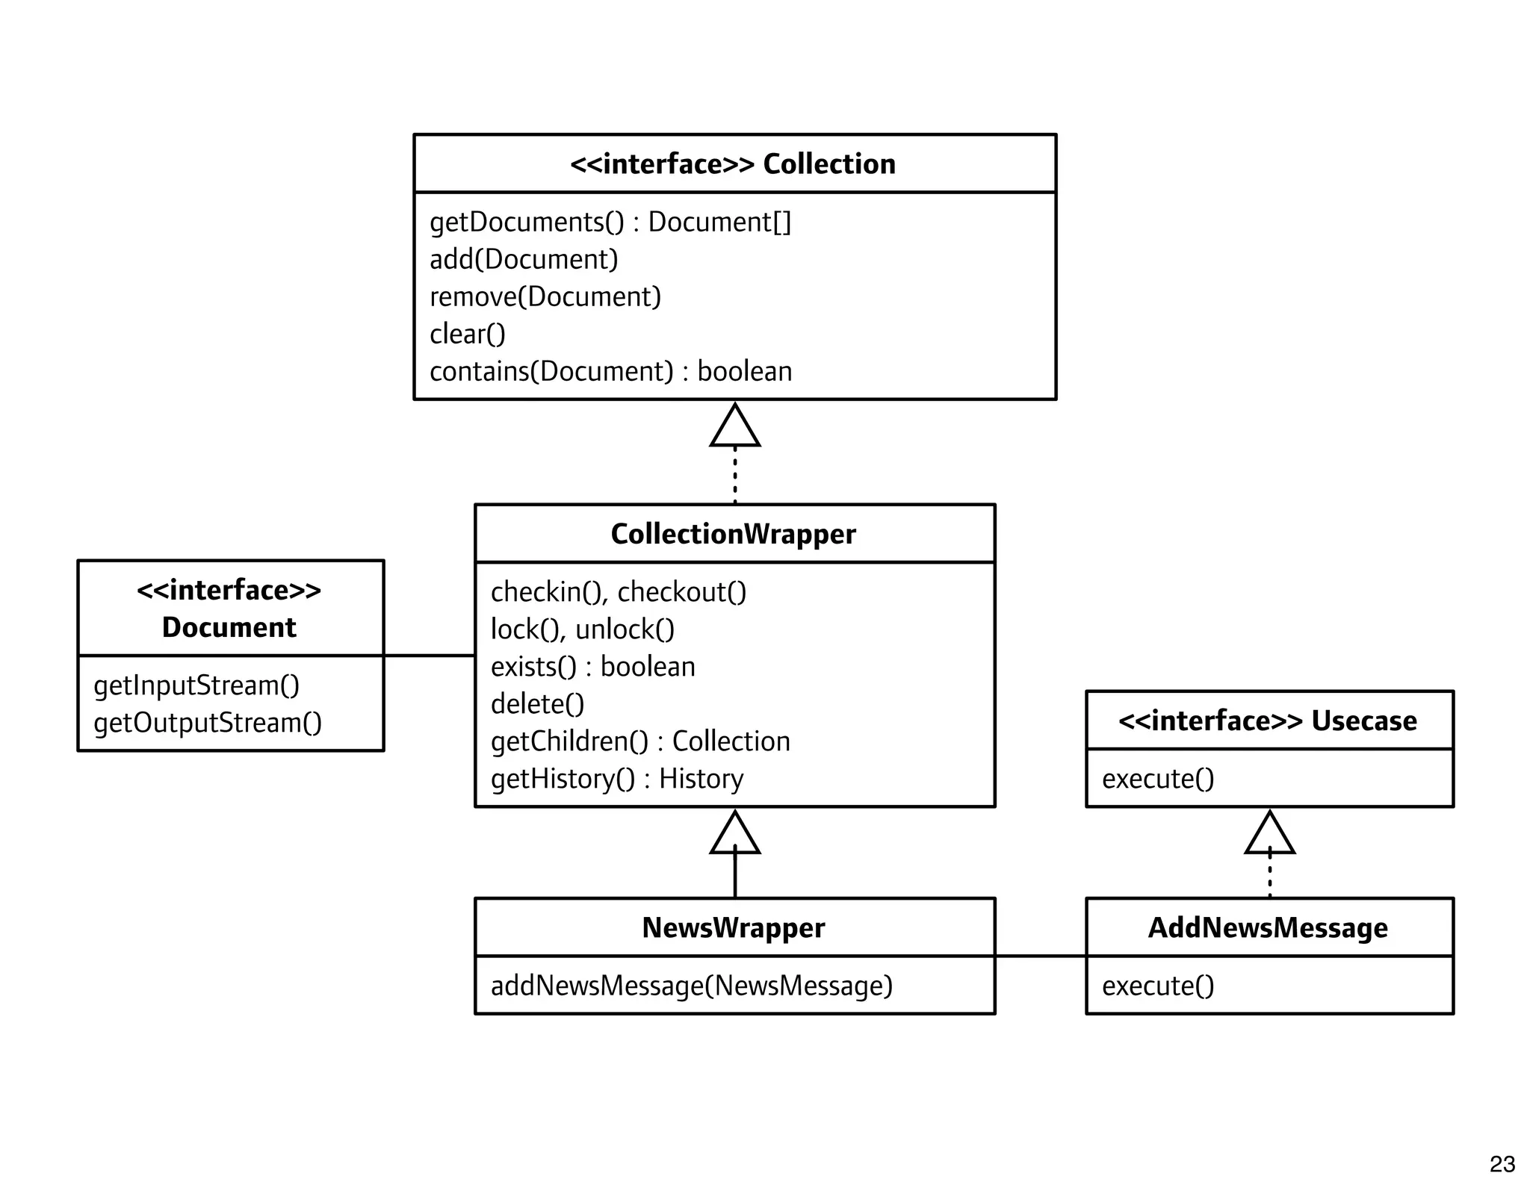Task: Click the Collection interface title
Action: pyautogui.click(x=733, y=164)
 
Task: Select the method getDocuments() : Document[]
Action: pyautogui.click(x=610, y=222)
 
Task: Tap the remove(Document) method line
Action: pyautogui.click(x=545, y=296)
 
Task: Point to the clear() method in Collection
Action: pyautogui.click(x=468, y=334)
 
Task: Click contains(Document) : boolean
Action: pyautogui.click(x=610, y=371)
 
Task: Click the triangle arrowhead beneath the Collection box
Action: pyautogui.click(x=735, y=428)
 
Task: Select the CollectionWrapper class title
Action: pyautogui.click(x=733, y=534)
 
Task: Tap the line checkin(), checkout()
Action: pyautogui.click(x=618, y=591)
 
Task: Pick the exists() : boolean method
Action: pyautogui.click(x=592, y=666)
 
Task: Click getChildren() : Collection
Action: pyautogui.click(x=639, y=741)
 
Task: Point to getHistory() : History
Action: pyautogui.click(x=616, y=778)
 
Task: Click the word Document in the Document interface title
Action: pyautogui.click(x=229, y=627)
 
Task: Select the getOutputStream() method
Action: pyautogui.click(x=208, y=722)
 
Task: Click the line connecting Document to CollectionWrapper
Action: pyautogui.click(x=430, y=656)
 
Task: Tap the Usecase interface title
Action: pyautogui.click(x=1268, y=721)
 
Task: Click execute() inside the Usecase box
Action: pyautogui.click(x=1158, y=779)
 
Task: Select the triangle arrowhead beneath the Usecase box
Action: pyautogui.click(x=1269, y=835)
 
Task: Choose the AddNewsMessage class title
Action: pyautogui.click(x=1268, y=927)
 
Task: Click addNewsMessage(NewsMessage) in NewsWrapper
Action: pyautogui.click(x=691, y=986)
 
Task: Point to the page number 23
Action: pyautogui.click(x=1502, y=1164)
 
